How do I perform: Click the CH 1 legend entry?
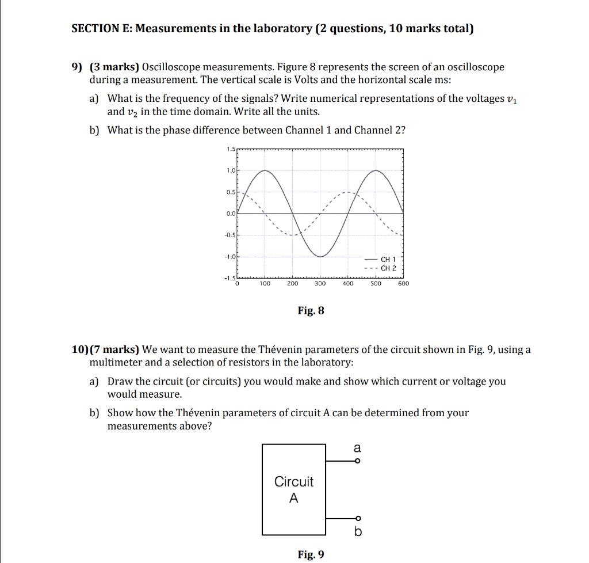(388, 260)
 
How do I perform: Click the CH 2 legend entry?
(388, 268)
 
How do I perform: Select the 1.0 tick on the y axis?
(231, 170)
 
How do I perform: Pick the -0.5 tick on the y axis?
(230, 235)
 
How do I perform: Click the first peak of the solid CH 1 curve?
(265, 170)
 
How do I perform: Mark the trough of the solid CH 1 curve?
(320, 256)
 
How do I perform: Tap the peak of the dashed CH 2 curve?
(347, 192)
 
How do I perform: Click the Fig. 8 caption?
(311, 311)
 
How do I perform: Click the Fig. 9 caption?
(311, 554)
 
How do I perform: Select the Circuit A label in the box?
(294, 489)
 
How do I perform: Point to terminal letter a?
(357, 447)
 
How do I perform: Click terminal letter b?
(357, 532)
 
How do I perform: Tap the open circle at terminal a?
(357, 461)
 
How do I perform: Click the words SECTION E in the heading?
(101, 29)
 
